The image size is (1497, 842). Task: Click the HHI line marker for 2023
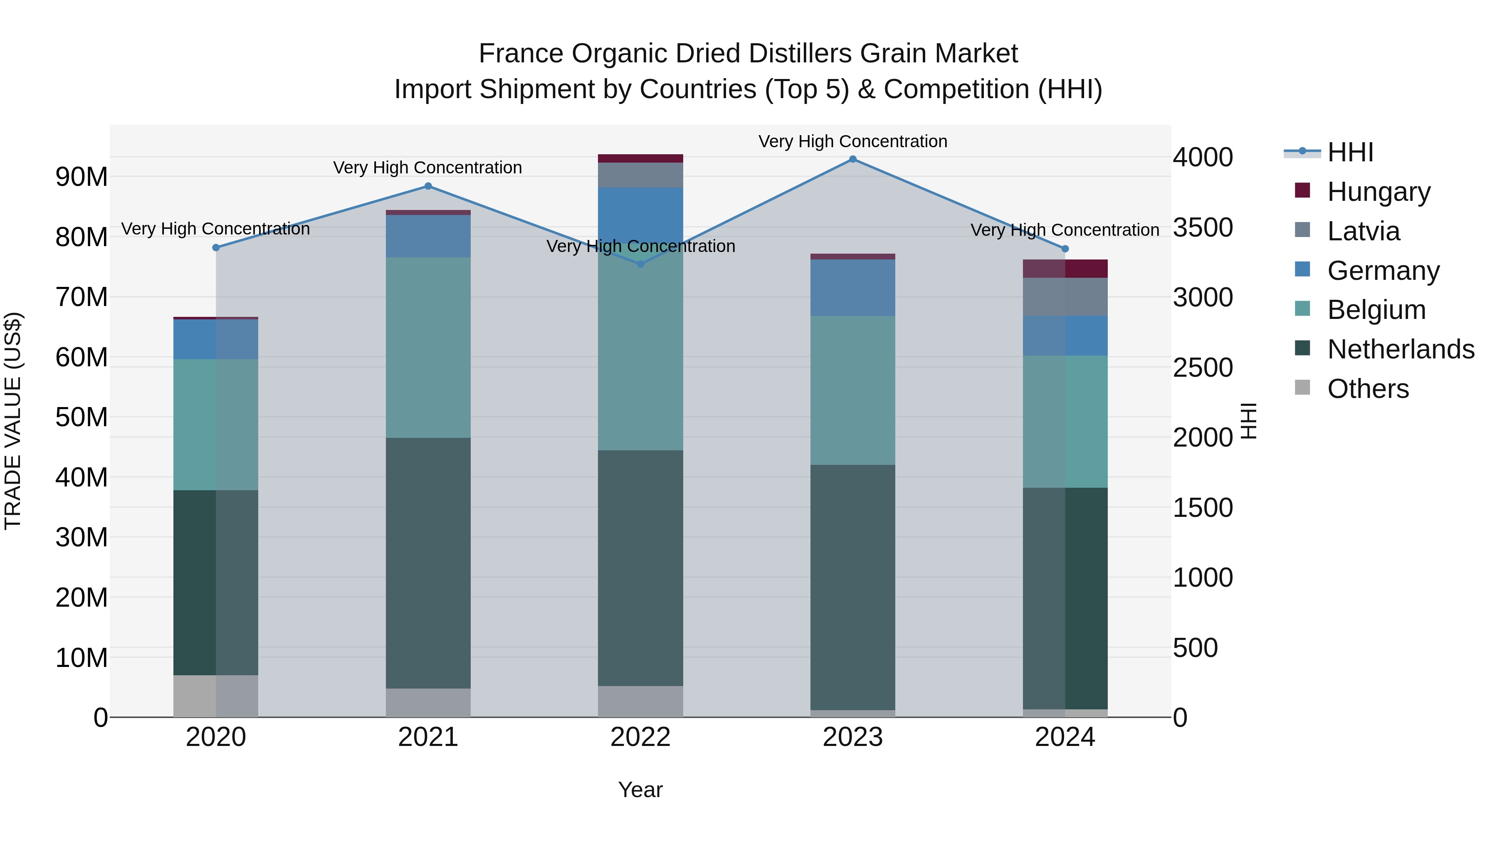[852, 159]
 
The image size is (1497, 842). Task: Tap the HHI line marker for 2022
[640, 264]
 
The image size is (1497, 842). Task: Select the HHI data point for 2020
[216, 247]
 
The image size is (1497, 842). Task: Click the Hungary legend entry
[1378, 192]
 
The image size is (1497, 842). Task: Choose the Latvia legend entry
[1364, 231]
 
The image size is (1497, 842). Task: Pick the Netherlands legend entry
[1401, 349]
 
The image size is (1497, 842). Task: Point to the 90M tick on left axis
[82, 177]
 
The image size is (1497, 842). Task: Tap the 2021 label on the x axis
[428, 737]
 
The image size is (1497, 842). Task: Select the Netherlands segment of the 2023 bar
[852, 587]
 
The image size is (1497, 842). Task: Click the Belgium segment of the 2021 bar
[428, 348]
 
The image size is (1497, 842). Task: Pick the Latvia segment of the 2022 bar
[640, 175]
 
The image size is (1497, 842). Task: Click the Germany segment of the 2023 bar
[852, 288]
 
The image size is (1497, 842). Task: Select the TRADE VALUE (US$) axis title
[13, 421]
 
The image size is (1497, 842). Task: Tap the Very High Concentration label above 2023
[852, 142]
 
